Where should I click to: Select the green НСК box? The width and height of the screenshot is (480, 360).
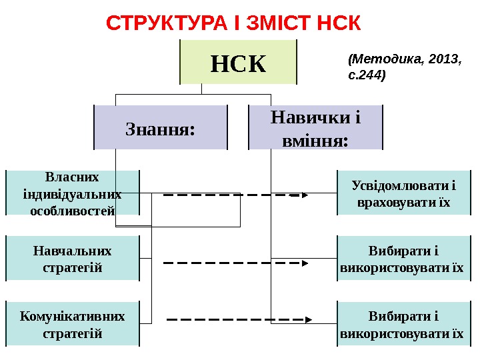pyautogui.click(x=238, y=63)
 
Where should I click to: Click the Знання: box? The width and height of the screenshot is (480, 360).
pyautogui.click(x=161, y=127)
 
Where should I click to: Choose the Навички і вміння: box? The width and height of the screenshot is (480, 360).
pyautogui.click(x=315, y=127)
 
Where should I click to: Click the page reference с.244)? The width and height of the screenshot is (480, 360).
pyautogui.click(x=367, y=75)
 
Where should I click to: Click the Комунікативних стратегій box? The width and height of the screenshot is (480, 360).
pyautogui.click(x=73, y=323)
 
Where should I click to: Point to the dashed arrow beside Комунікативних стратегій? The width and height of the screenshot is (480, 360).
pyautogui.click(x=237, y=321)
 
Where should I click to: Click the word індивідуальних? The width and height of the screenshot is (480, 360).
pyautogui.click(x=73, y=194)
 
